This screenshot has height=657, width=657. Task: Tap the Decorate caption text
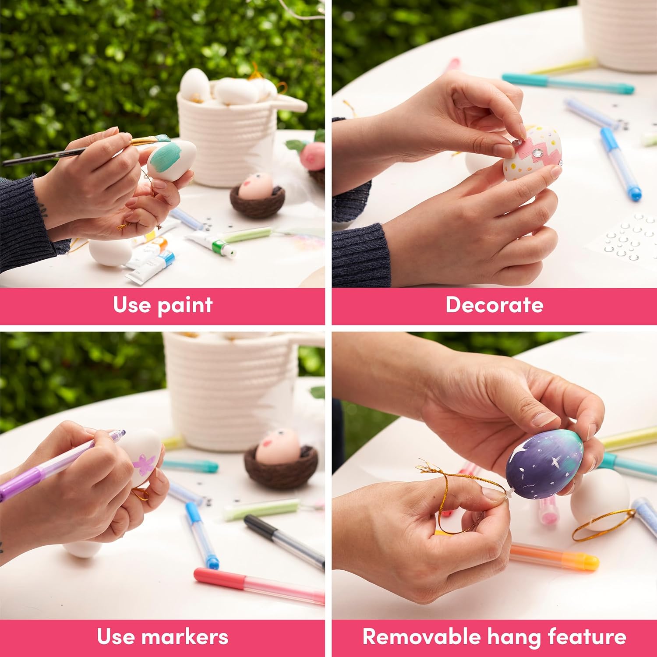[495, 304]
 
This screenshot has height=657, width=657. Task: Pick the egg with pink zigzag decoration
[533, 153]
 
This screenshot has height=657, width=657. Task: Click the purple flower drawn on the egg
[144, 463]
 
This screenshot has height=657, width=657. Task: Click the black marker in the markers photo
[284, 542]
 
